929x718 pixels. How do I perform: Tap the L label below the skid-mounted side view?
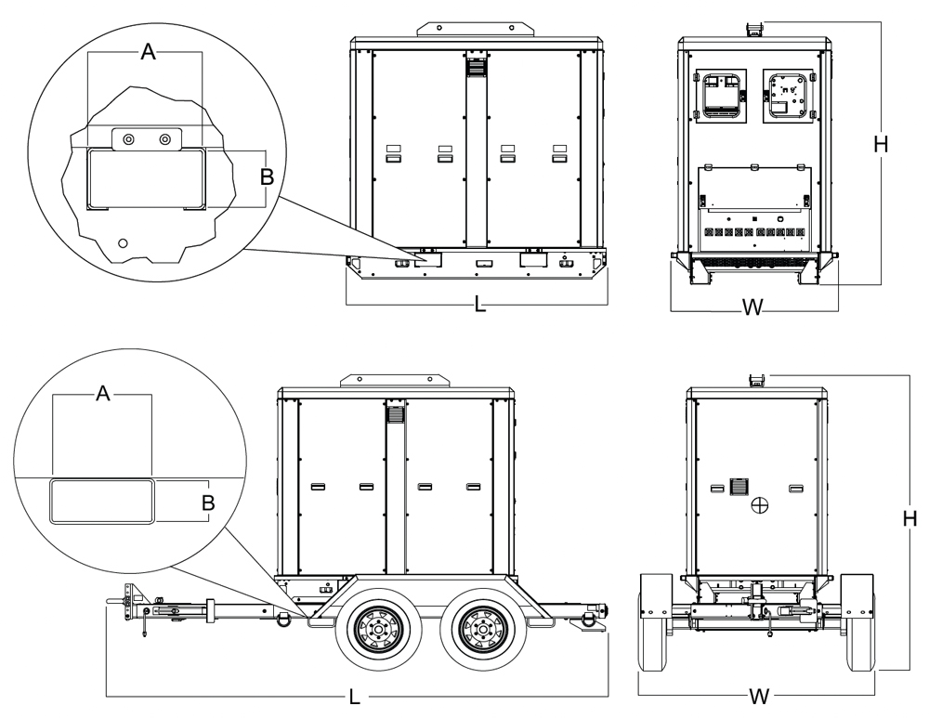(479, 305)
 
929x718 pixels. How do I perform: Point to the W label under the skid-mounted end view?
(754, 308)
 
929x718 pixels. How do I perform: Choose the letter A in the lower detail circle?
(103, 395)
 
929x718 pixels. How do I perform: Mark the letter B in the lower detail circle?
(209, 503)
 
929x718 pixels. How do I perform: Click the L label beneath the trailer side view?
(355, 698)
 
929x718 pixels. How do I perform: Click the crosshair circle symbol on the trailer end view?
(760, 504)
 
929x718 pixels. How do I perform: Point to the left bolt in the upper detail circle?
(129, 138)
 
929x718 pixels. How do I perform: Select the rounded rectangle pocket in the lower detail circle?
(100, 503)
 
